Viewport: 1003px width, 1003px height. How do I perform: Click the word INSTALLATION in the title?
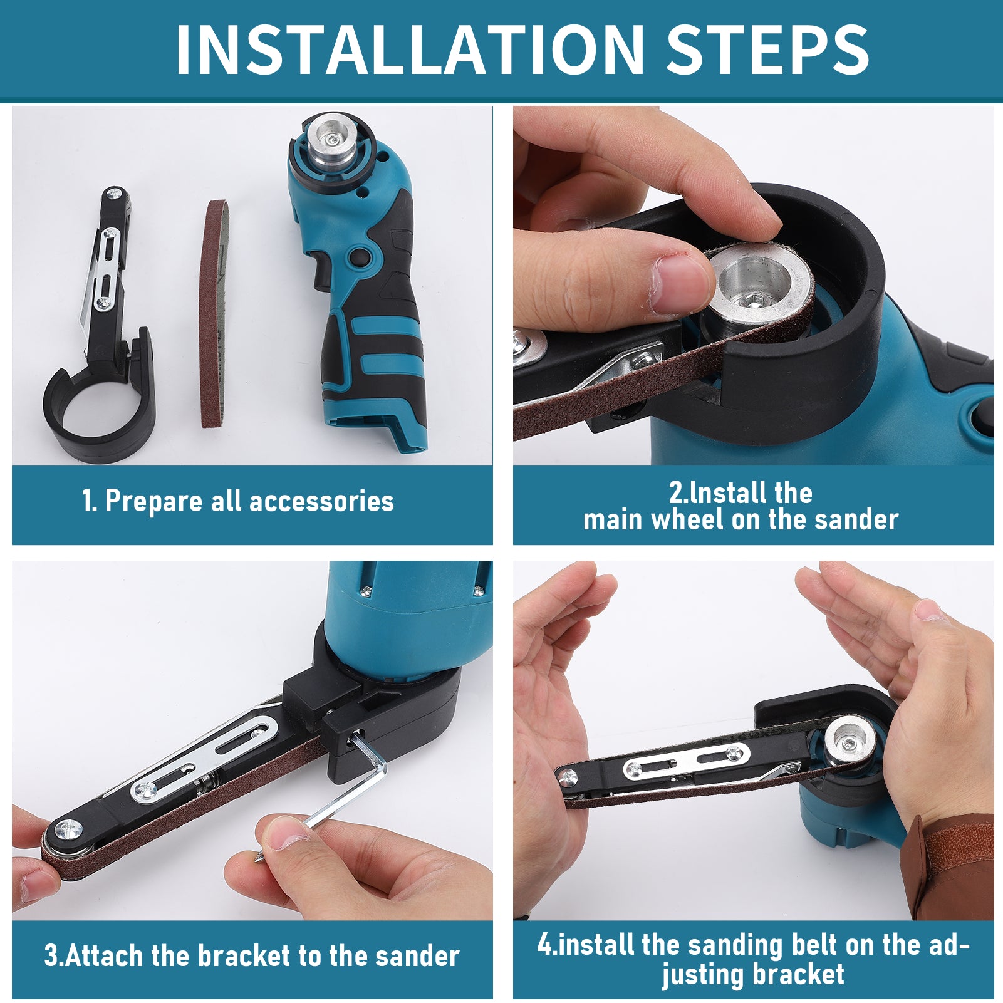pos(410,49)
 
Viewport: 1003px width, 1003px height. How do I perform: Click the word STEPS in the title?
pos(767,49)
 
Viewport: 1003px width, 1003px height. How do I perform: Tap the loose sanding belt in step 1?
pos(214,313)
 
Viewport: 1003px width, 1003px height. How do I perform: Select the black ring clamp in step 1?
pos(99,401)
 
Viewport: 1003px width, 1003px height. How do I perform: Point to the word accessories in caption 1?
pos(321,501)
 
